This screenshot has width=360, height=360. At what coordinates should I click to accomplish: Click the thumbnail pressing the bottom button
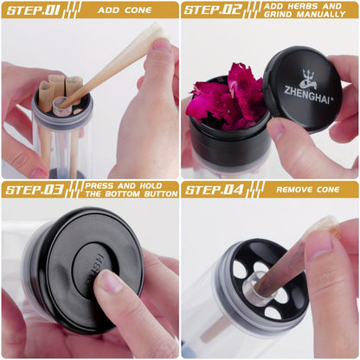[110, 280]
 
